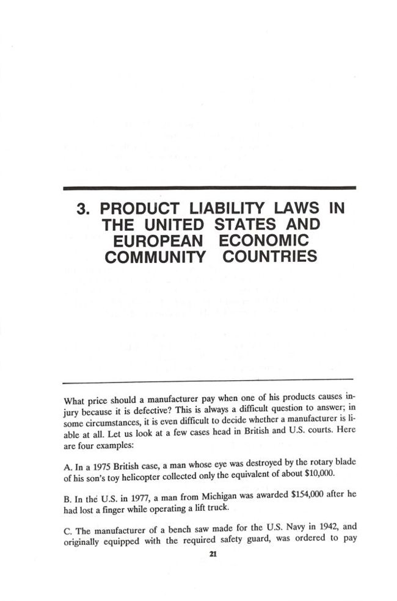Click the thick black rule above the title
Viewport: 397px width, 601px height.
pos(208,187)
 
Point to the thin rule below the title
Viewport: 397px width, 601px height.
pos(208,381)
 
